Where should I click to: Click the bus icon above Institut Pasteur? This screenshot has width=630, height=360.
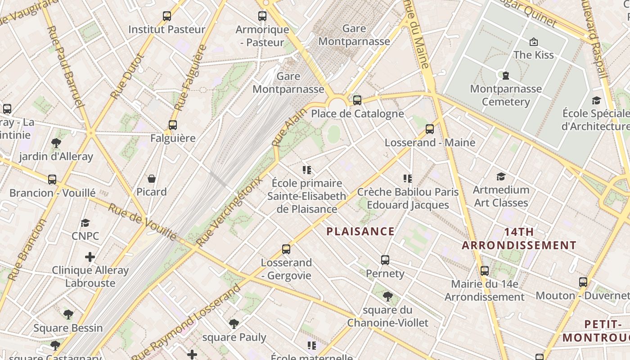point(167,16)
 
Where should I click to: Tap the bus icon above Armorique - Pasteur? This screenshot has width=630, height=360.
point(262,16)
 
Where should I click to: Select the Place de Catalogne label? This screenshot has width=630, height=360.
point(357,113)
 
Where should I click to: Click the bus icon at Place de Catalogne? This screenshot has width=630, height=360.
point(357,100)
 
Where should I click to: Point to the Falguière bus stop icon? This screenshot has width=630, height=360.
point(173,125)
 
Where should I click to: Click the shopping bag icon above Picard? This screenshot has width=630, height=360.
point(152,179)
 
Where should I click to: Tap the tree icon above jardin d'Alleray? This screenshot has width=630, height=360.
point(56,143)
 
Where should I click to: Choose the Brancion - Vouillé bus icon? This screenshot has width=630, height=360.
point(52,180)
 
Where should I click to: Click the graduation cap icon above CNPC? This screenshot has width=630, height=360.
point(85,223)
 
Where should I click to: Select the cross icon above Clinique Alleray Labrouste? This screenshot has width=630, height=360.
point(90,257)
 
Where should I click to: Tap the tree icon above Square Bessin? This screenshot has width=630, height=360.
point(68,314)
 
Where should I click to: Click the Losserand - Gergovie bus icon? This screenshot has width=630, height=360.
point(286,249)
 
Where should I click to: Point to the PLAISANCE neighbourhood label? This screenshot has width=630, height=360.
point(360,232)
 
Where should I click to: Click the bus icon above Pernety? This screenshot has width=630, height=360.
point(385,260)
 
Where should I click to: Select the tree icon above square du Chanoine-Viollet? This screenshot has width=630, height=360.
point(387,296)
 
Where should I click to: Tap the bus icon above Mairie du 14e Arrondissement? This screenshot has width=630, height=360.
point(485,270)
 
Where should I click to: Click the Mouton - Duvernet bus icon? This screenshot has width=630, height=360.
point(583,282)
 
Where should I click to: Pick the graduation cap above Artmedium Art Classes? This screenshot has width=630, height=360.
point(501,176)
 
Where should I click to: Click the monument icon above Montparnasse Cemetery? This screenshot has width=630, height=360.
point(506,75)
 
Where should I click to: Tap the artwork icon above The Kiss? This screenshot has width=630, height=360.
point(534,42)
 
